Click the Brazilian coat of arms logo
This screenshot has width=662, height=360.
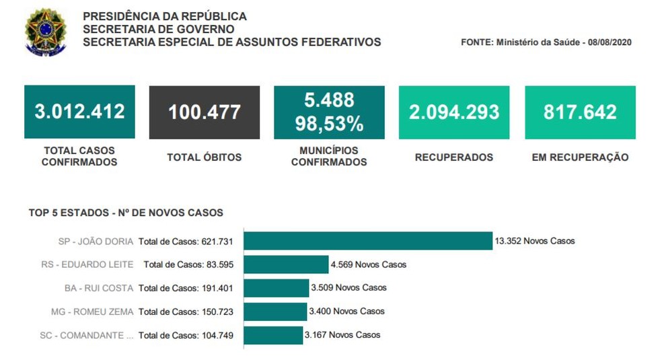point(45,32)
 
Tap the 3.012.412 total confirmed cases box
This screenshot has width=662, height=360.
point(79,112)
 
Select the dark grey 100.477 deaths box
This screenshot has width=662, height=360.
point(205,112)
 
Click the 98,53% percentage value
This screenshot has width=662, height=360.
point(329,124)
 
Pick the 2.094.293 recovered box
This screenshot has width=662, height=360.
point(454,112)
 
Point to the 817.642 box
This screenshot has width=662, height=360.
point(580,112)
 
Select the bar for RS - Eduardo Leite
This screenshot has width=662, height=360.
point(285,264)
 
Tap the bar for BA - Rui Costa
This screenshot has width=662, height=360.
point(276,288)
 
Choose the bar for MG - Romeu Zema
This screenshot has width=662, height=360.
point(274,312)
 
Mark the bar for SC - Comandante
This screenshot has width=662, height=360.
point(272,335)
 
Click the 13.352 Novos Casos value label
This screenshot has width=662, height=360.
point(535,241)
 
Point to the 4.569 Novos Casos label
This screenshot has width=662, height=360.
point(369,264)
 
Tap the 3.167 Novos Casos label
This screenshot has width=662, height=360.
point(342,335)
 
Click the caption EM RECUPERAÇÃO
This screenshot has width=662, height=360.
point(580,157)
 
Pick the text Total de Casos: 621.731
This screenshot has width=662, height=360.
point(186,241)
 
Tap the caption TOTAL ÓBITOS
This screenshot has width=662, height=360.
point(205,157)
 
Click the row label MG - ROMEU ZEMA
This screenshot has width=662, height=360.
point(92,312)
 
